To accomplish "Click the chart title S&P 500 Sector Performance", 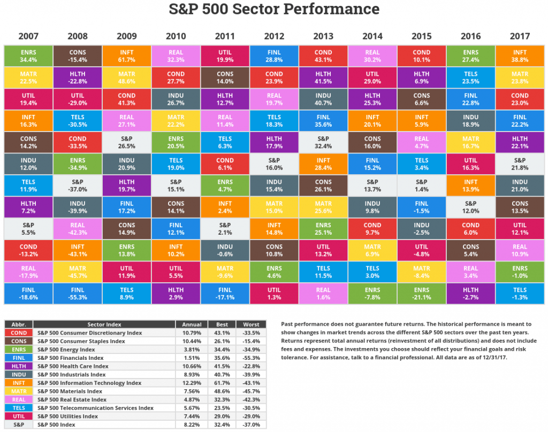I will (x=274, y=10).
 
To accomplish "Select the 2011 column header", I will (x=225, y=36).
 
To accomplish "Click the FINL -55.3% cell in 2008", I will (x=77, y=294).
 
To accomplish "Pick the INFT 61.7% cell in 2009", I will (x=126, y=56).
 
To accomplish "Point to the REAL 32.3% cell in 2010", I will (x=176, y=56).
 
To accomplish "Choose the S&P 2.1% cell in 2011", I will (x=225, y=228).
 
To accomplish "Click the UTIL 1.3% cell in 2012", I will (x=274, y=294).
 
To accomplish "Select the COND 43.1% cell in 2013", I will (x=323, y=56).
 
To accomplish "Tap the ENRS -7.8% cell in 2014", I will (x=372, y=294).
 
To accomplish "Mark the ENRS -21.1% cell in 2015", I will (x=422, y=294).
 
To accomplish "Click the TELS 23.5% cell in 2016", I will (x=471, y=78).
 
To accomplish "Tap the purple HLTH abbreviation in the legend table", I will (x=19, y=366).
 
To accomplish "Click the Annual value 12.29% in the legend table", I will (x=192, y=383).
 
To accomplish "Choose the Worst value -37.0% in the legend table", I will (x=251, y=425).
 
